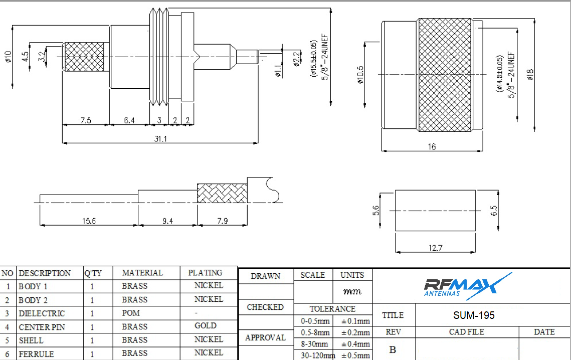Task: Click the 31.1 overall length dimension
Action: click(160, 138)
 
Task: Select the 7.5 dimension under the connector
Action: click(86, 120)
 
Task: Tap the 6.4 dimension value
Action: click(129, 120)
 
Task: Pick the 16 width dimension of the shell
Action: click(432, 146)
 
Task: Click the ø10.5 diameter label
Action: click(360, 75)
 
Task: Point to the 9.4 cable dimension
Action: click(167, 221)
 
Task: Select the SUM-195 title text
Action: click(474, 315)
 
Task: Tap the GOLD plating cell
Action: click(206, 326)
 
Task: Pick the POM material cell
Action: click(131, 313)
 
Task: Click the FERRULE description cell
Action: click(36, 353)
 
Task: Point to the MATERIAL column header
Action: click(142, 273)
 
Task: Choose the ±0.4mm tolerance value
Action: click(355, 344)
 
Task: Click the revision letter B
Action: click(393, 349)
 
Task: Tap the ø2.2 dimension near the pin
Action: click(296, 59)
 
